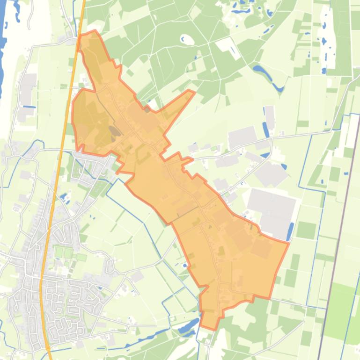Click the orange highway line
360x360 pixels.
click(x=54, y=187)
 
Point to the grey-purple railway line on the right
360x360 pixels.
click(x=338, y=234)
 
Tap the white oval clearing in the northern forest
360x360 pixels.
click(x=187, y=40)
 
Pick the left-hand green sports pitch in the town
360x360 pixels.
click(x=59, y=253)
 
